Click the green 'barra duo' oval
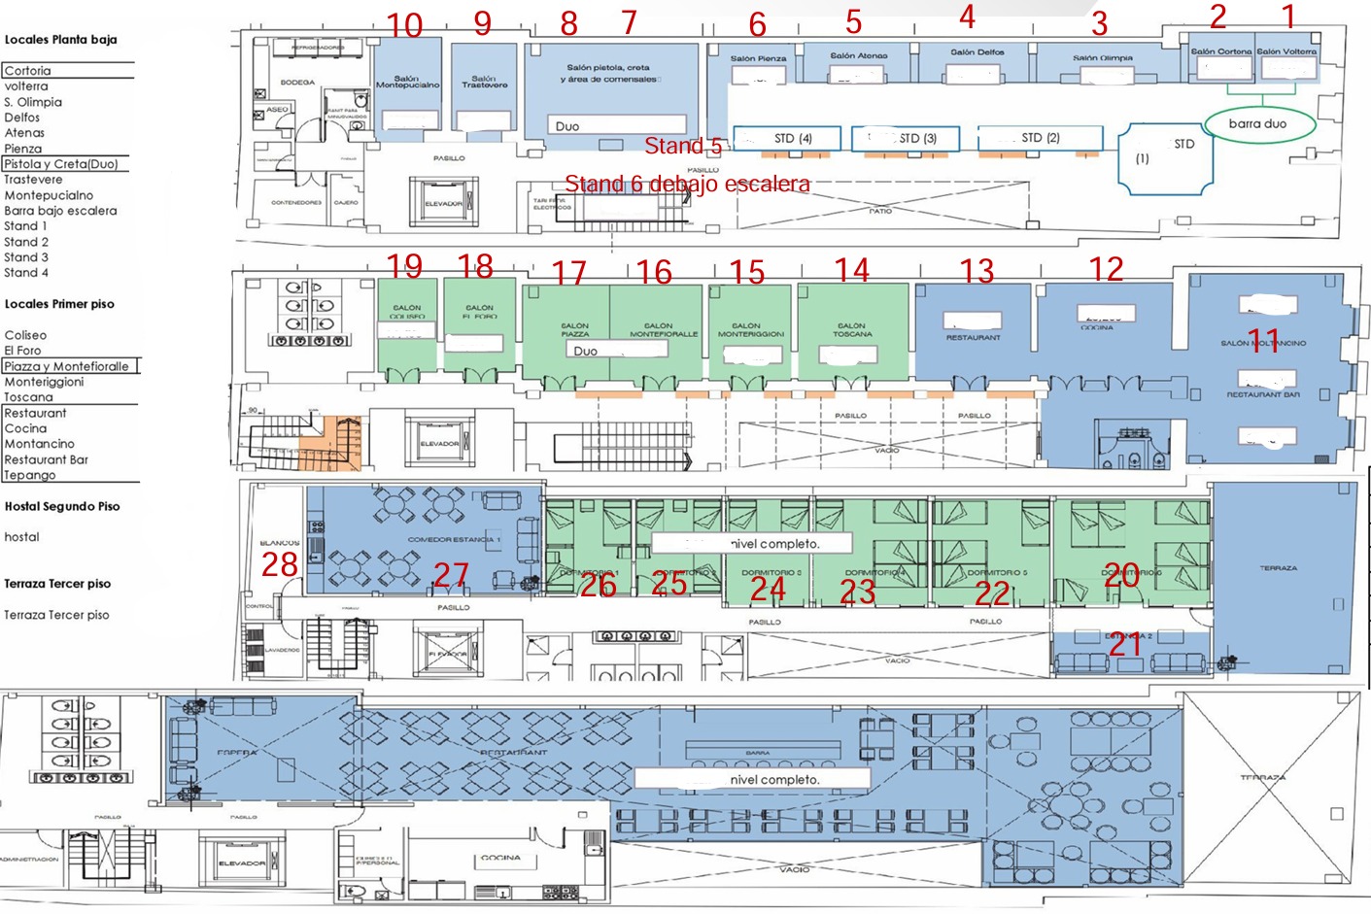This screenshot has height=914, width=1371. coord(1258,124)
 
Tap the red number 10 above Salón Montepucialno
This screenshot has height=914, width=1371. coord(404,25)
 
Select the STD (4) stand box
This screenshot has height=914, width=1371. coord(793,139)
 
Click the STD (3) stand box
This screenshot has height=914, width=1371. coord(907,139)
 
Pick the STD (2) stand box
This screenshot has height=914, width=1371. coord(1040,138)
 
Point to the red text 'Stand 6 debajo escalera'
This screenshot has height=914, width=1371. coord(687,184)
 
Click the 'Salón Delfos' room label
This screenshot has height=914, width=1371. coord(977,52)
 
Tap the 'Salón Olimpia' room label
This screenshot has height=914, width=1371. coord(1103,57)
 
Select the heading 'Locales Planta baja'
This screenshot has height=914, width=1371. coord(60,40)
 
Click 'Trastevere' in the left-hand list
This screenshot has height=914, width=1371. coord(33,180)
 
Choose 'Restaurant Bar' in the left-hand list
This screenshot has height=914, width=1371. coord(46,459)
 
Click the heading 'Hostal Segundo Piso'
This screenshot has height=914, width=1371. coord(62,506)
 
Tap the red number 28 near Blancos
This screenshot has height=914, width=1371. coord(280,564)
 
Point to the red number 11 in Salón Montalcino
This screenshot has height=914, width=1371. coord(1263,340)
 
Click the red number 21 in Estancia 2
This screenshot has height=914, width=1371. coord(1125,644)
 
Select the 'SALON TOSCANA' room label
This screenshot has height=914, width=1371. coord(852,330)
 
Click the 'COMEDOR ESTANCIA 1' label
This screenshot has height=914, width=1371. coord(454,539)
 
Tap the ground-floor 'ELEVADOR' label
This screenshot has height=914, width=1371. coord(443,203)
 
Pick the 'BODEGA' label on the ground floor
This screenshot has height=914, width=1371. coord(297,83)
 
